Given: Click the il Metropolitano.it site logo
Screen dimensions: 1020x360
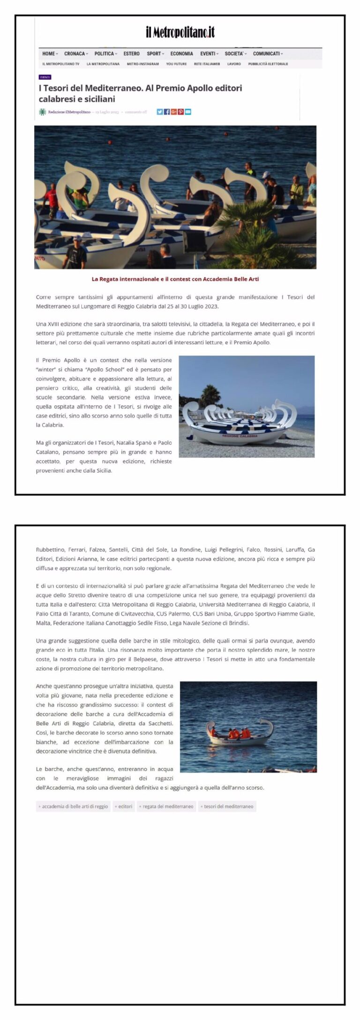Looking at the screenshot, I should coord(180,32).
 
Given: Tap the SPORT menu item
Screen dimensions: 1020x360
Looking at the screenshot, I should coord(155,54).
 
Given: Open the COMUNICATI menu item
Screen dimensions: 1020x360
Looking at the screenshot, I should coord(268,54).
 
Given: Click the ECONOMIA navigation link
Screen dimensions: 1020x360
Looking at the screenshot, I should coord(181,54).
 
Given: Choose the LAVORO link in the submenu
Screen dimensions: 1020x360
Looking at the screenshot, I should coord(234,64).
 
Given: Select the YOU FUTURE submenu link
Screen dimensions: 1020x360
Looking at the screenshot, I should coord(176,64).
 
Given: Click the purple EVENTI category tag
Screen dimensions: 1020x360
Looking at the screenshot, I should coord(45,77).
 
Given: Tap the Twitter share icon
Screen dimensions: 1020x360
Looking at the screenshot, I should coord(160,112).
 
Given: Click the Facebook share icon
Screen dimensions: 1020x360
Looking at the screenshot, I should coord(167,112).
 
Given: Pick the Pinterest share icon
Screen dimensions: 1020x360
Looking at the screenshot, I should coord(181,112).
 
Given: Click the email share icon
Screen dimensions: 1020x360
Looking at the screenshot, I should coord(188,112).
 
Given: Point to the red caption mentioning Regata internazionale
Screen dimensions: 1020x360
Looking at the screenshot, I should coord(175,279).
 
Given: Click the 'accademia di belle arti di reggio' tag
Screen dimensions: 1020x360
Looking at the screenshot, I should coord(74,807).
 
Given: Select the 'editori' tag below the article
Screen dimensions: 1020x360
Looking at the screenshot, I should coord(124,807).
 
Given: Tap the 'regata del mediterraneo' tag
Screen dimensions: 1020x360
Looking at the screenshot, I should coord(167,807).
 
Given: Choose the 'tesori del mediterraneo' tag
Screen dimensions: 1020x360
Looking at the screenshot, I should coord(227,807).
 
